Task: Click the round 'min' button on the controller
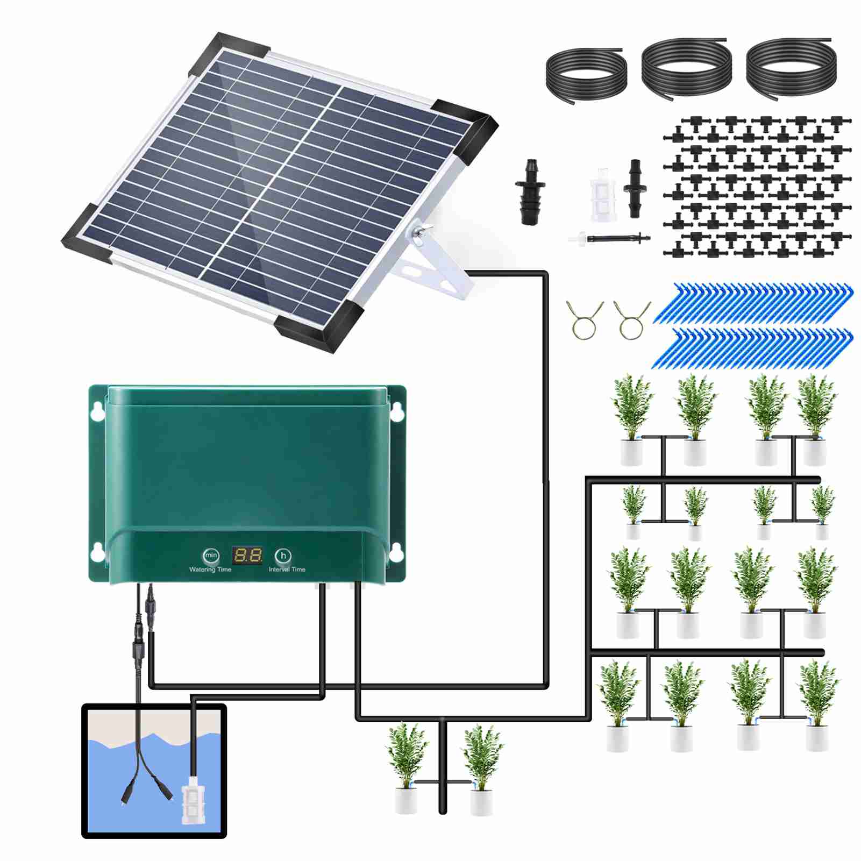pyautogui.click(x=211, y=555)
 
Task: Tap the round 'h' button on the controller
pyautogui.click(x=283, y=556)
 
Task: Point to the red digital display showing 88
pyautogui.click(x=247, y=556)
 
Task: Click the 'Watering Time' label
pyautogui.click(x=210, y=570)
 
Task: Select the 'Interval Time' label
pyautogui.click(x=287, y=570)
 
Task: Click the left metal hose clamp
pyautogui.click(x=584, y=319)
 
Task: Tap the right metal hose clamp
pyautogui.click(x=631, y=319)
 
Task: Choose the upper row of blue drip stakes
pyautogui.click(x=753, y=304)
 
